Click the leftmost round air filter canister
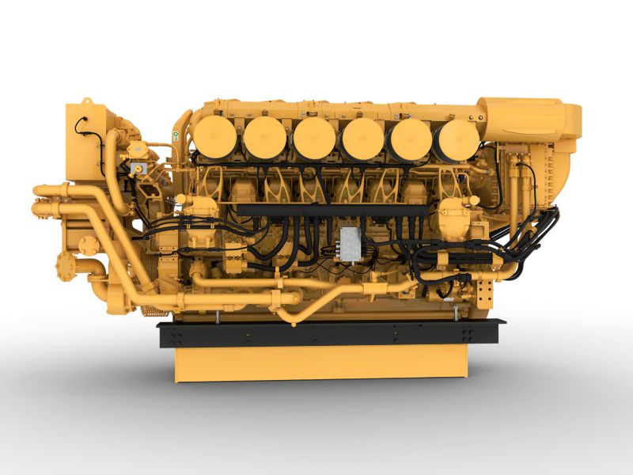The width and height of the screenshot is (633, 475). (x=215, y=137)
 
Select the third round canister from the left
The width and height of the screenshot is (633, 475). (x=314, y=138)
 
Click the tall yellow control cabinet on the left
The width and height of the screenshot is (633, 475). (x=85, y=142)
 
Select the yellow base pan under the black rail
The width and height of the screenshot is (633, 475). (x=320, y=362)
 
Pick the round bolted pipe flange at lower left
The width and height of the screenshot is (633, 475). (x=64, y=264)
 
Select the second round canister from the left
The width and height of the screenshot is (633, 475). (x=264, y=138)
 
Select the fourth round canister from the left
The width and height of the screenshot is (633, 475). (x=363, y=139)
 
